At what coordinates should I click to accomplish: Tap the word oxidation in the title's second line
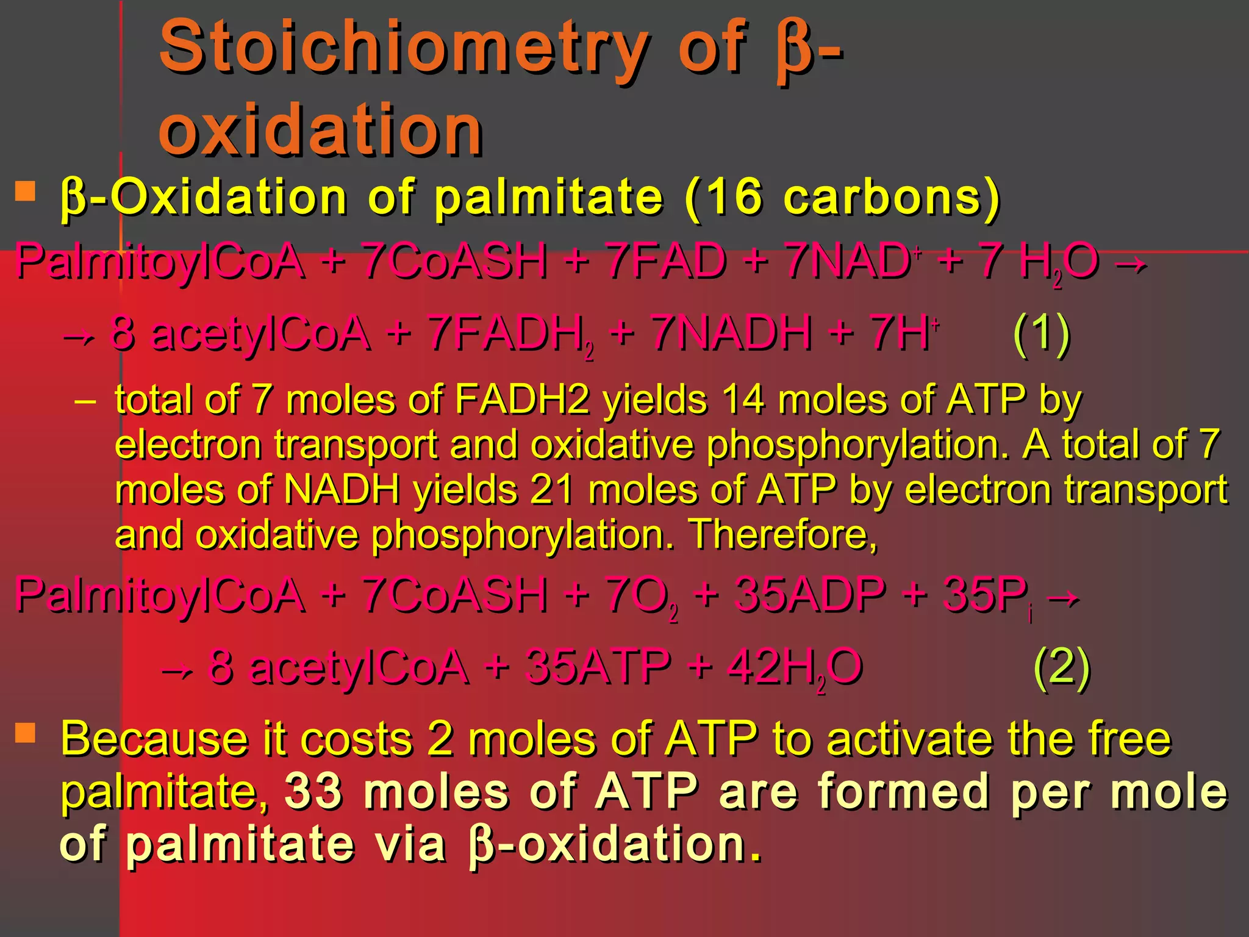pyautogui.click(x=321, y=129)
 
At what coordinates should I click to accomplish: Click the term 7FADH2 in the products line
pyautogui.click(x=510, y=334)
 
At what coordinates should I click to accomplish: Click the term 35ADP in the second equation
pyautogui.click(x=811, y=595)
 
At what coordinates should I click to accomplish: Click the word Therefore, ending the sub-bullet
pyautogui.click(x=783, y=534)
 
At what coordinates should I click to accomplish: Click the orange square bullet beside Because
pyautogui.click(x=26, y=733)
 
